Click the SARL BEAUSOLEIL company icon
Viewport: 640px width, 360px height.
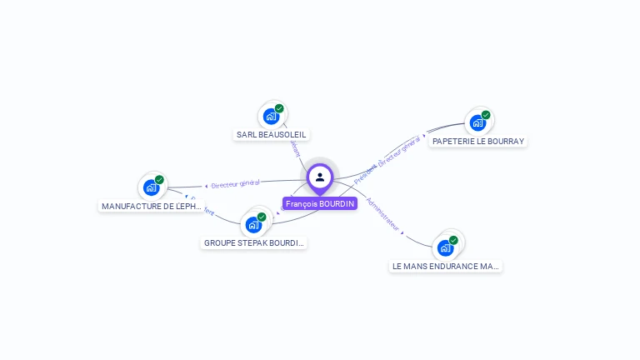point(270,117)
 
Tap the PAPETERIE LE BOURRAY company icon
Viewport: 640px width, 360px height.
point(477,123)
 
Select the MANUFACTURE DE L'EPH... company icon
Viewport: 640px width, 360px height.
point(151,187)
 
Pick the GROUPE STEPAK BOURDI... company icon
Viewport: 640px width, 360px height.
point(252,225)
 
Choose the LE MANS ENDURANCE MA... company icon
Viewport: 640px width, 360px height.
point(445,247)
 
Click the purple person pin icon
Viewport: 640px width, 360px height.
point(320,177)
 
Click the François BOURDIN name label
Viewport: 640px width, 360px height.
point(320,203)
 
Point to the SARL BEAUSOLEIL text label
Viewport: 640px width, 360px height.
point(272,134)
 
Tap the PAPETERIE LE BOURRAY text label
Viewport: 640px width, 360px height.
point(478,141)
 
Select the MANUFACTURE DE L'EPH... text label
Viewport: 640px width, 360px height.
point(152,206)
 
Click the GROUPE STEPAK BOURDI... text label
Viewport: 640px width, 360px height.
point(254,243)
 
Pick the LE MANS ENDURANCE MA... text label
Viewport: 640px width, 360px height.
point(446,267)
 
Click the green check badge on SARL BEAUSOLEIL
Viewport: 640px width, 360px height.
point(279,108)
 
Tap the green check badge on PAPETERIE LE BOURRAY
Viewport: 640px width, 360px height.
point(486,115)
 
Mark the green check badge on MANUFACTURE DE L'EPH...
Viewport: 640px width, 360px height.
point(159,179)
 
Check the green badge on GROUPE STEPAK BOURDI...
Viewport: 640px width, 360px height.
point(262,217)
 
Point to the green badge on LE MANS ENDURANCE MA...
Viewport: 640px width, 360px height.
point(453,240)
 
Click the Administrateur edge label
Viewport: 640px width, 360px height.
point(383,214)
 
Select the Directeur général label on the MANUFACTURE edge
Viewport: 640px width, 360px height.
point(235,183)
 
